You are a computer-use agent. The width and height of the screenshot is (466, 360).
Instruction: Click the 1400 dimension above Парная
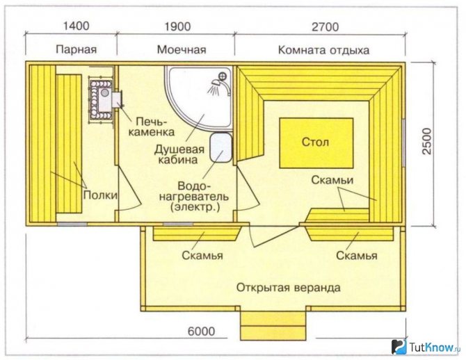click(76, 26)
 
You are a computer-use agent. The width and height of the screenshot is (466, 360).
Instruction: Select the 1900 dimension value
click(178, 26)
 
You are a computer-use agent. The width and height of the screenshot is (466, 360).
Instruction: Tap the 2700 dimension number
click(325, 27)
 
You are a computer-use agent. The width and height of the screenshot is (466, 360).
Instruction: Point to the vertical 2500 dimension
click(426, 141)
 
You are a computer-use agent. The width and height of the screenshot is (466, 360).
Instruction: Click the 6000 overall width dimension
click(201, 331)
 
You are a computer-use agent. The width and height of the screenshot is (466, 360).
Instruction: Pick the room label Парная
click(77, 49)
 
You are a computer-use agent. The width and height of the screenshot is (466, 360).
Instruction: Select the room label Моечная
click(182, 49)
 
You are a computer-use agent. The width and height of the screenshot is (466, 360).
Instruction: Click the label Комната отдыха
click(323, 50)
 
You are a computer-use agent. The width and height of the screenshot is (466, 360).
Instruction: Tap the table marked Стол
click(316, 143)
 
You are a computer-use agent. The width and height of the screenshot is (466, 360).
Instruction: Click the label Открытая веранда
click(288, 288)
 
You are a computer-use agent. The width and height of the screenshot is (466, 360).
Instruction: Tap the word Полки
click(100, 195)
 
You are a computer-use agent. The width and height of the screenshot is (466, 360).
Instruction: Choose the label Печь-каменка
click(151, 126)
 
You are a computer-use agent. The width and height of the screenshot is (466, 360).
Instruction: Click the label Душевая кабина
click(179, 154)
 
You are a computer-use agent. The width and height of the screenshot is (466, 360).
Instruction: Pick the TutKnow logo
click(426, 347)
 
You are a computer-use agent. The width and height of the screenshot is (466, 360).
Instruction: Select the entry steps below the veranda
click(273, 326)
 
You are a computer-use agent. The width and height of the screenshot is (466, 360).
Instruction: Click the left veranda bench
click(197, 234)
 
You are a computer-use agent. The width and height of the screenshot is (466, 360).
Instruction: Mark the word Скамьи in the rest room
click(332, 180)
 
